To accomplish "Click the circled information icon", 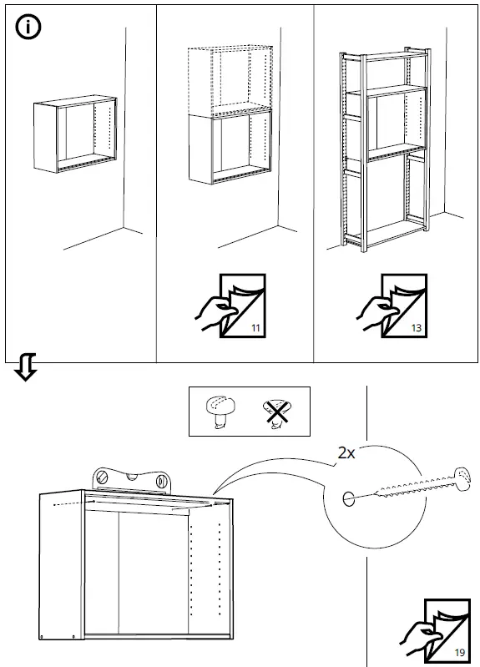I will click(x=28, y=27).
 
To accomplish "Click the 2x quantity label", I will click(x=346, y=453).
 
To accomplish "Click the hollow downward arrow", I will click(x=26, y=367).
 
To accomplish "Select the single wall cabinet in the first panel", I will click(x=73, y=136).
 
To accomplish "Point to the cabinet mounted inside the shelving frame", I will click(x=389, y=123).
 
